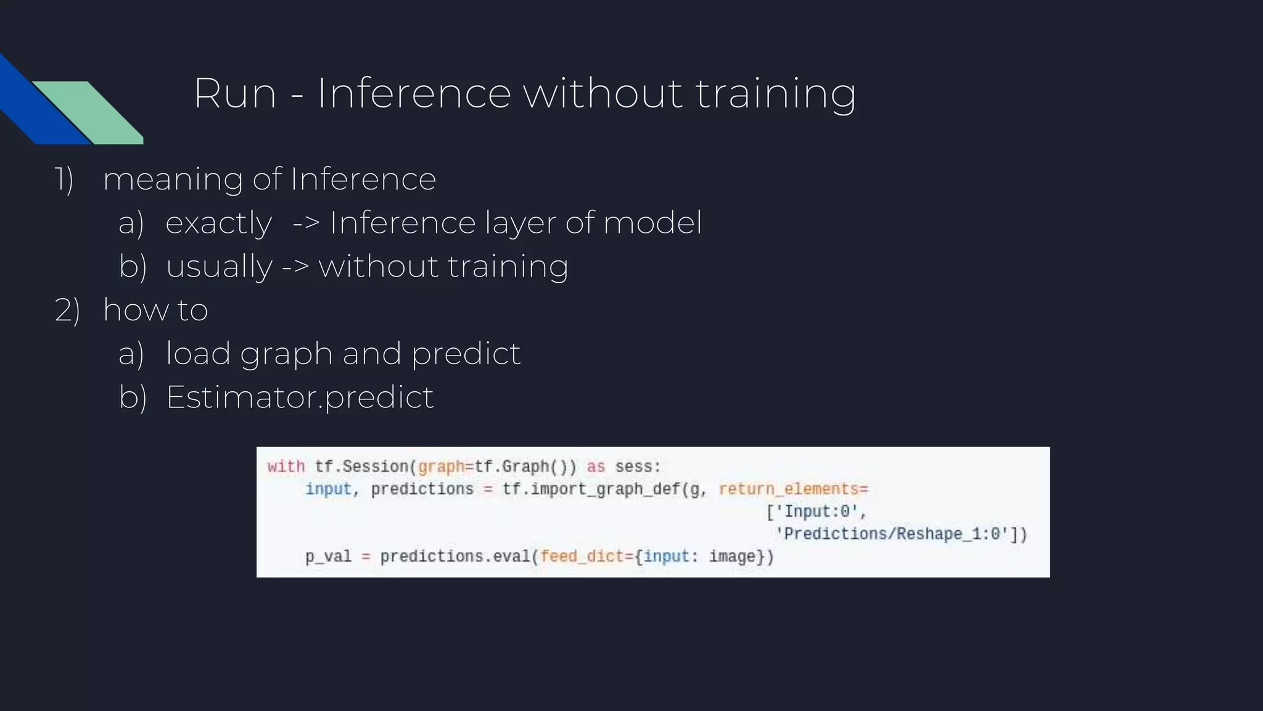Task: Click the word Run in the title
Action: (x=235, y=94)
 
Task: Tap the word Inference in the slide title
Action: (x=414, y=94)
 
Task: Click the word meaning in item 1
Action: (x=173, y=180)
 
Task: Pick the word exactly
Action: (x=219, y=223)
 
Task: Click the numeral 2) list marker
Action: (x=67, y=310)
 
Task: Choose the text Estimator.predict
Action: (x=300, y=397)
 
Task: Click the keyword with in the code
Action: (x=286, y=467)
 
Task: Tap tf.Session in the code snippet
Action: (x=361, y=467)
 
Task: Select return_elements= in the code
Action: (x=793, y=489)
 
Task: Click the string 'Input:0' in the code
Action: (x=817, y=512)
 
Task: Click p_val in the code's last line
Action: (x=328, y=557)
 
